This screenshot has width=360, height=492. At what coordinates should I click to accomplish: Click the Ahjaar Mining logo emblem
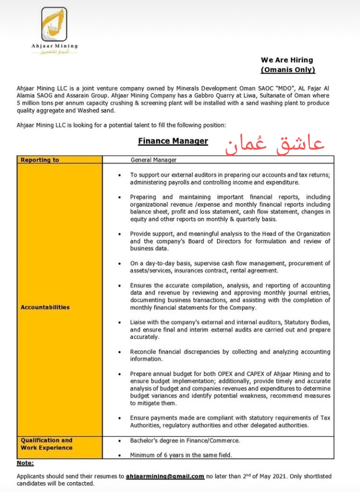coord(54,25)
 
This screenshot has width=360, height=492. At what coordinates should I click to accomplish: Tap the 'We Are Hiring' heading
coord(287,60)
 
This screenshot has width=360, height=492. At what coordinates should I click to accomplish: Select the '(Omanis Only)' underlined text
coord(288,70)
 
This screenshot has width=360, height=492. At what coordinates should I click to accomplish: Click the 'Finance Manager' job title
coord(173,141)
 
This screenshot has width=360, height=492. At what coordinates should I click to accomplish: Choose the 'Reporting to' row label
coord(40,160)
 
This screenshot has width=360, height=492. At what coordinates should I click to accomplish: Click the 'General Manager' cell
coord(153,160)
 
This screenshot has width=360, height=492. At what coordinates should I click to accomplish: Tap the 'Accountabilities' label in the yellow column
coord(45,307)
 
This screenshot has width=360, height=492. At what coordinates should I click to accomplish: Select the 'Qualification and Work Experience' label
coord(46,444)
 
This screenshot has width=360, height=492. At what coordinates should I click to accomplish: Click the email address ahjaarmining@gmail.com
coord(165,476)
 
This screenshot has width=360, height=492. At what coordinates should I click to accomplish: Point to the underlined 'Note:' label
coord(25,463)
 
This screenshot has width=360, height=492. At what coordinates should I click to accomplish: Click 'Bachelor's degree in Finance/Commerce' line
coord(184,440)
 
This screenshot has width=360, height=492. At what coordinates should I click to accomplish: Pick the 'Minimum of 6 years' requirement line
coord(181,455)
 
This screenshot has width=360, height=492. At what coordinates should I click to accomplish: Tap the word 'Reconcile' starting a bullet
coord(145,352)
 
